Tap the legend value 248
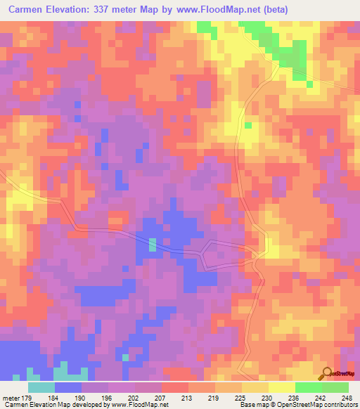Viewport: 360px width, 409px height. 347,398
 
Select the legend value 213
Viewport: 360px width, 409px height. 188,398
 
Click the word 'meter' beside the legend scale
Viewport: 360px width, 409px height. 11,398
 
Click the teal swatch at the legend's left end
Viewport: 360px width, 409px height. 41,387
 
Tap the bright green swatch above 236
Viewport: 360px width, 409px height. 308,387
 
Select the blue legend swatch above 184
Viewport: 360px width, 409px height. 68,387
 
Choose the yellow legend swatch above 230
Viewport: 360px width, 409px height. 255,387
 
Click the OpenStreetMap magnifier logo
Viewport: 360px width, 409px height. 327,372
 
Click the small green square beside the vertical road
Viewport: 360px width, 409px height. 248,125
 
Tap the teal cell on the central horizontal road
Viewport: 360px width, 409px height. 153,245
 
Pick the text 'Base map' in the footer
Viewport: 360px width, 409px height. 251,405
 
